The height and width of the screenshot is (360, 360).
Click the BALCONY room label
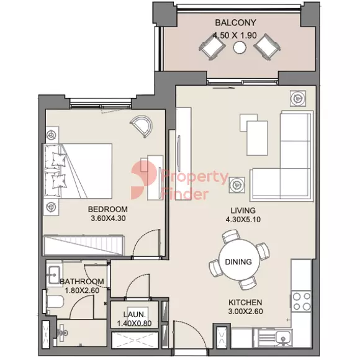(235, 22)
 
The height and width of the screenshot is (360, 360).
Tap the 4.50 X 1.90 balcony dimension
(235, 35)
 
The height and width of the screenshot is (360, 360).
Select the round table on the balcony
(240, 47)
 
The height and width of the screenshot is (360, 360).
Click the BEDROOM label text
(107, 209)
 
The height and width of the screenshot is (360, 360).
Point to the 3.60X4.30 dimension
(108, 218)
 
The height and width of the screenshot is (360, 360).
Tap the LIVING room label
(243, 210)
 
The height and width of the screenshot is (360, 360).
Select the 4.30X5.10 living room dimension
(243, 220)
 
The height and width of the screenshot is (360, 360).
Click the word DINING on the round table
(238, 262)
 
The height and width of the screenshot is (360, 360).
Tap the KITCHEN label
(245, 302)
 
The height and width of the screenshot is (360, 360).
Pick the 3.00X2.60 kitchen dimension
(245, 312)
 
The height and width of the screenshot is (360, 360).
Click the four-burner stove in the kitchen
(302, 301)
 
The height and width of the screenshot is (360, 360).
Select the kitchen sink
(283, 338)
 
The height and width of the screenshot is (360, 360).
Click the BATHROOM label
(82, 281)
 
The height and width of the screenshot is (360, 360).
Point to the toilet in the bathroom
(55, 301)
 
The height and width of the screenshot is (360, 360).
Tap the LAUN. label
(134, 314)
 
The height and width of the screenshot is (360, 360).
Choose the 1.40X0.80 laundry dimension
(134, 323)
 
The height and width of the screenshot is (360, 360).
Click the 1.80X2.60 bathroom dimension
(82, 290)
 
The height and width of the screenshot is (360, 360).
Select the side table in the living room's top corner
(298, 98)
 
